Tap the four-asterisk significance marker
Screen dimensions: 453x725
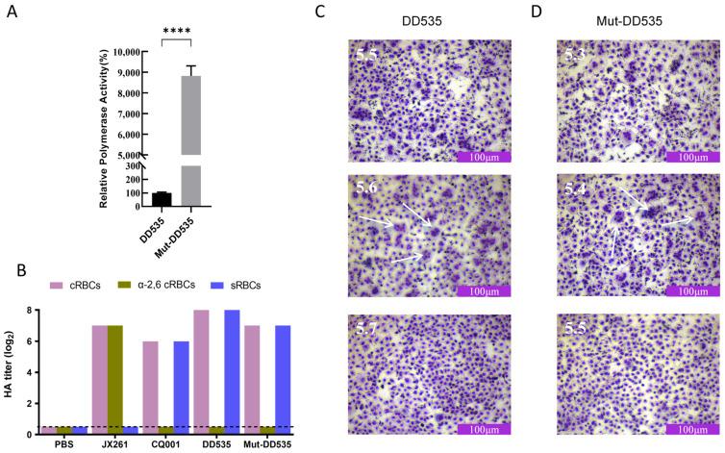pos(177,30)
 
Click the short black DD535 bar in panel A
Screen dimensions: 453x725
pos(162,199)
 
